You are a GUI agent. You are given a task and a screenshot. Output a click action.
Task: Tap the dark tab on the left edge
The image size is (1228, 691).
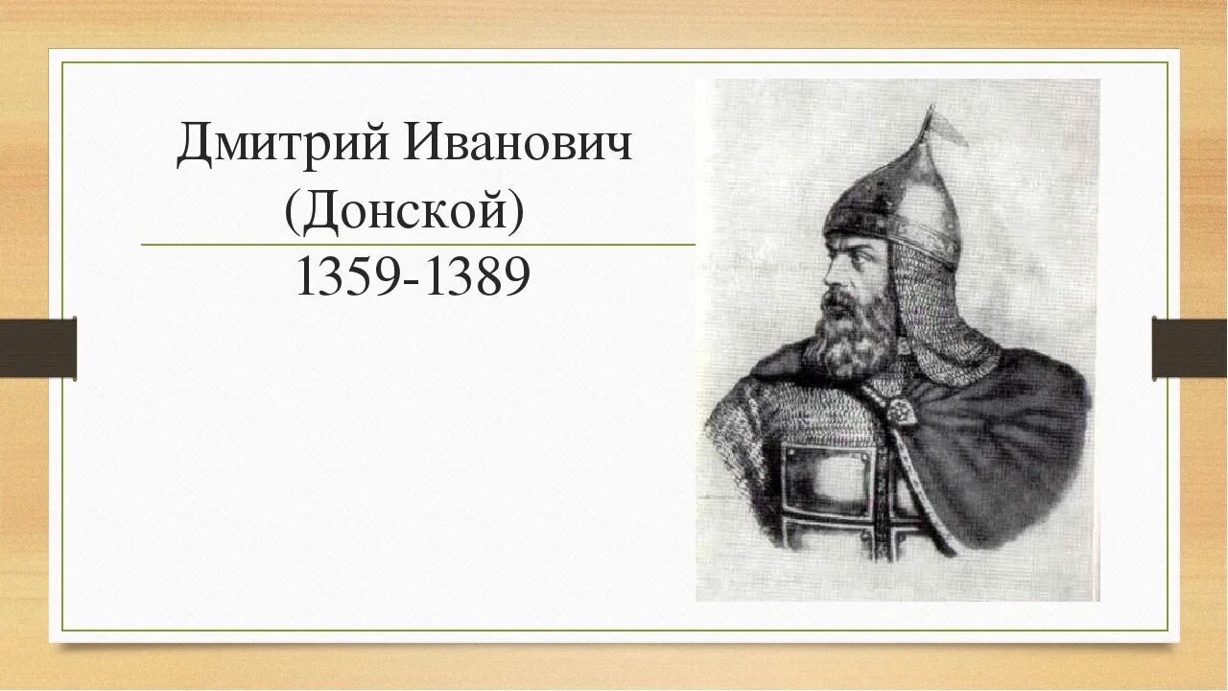tap(38, 347)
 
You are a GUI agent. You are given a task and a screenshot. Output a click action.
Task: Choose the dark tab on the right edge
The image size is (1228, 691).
tap(1190, 347)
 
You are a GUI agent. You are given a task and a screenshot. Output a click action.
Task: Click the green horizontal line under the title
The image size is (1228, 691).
tap(417, 245)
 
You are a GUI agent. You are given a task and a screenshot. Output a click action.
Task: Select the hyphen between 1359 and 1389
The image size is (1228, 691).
tap(412, 281)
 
